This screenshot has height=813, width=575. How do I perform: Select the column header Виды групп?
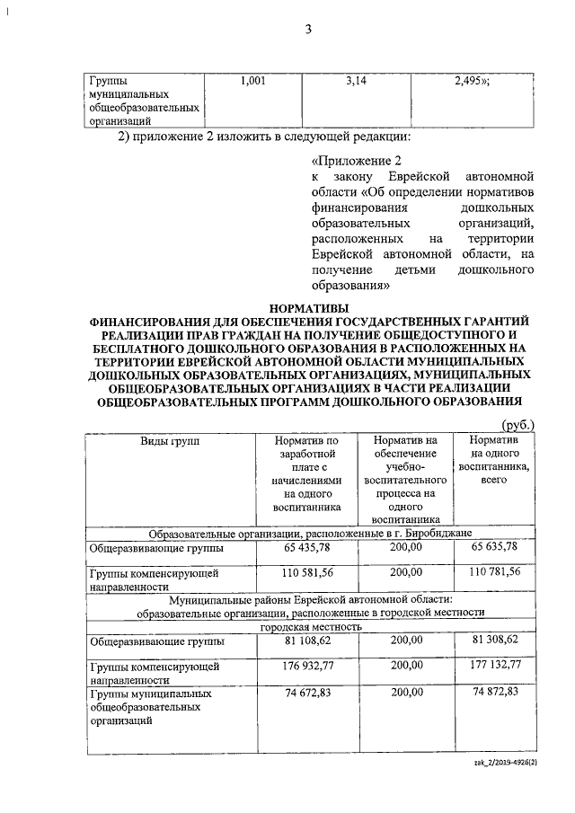pos(171,441)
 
